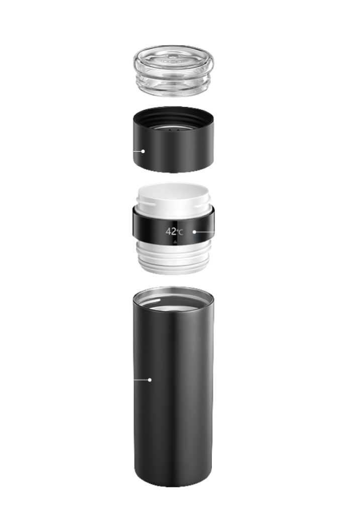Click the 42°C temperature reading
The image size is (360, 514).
pyautogui.click(x=174, y=231)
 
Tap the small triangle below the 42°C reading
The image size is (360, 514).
pyautogui.click(x=175, y=242)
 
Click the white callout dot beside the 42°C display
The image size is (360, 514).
pyautogui.click(x=194, y=232)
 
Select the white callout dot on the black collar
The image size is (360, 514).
pyautogui.click(x=143, y=151)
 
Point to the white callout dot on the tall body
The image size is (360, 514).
pyautogui.click(x=150, y=380)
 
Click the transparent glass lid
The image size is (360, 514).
pyautogui.click(x=173, y=71)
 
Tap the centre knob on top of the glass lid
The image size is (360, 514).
pyautogui.click(x=173, y=60)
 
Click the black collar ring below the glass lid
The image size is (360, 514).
pyautogui.click(x=173, y=140)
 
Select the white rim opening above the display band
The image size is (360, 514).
pyautogui.click(x=173, y=193)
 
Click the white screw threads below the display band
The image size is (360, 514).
pyautogui.click(x=173, y=259)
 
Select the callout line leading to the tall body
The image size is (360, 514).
pyautogui.click(x=141, y=380)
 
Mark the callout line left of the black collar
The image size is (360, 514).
pyautogui.click(x=137, y=151)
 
